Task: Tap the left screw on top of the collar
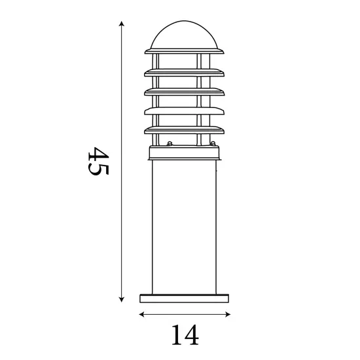click(x=170, y=143)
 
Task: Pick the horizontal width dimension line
click(x=185, y=315)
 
